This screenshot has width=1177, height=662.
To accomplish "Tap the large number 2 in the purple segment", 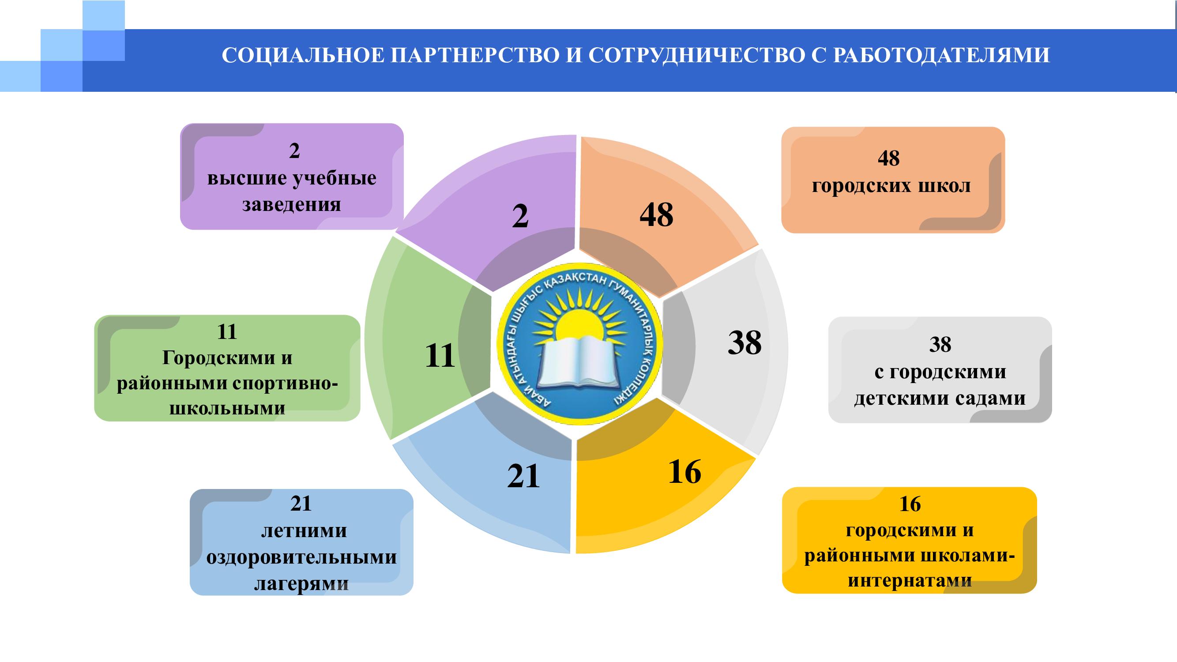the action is click(x=520, y=216).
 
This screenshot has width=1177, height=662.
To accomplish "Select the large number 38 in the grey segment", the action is click(x=745, y=342).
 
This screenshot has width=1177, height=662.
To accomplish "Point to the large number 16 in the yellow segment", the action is click(x=684, y=471).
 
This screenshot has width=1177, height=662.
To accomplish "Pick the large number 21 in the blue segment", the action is click(x=523, y=476).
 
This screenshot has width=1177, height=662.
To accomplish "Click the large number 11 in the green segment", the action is click(x=440, y=355).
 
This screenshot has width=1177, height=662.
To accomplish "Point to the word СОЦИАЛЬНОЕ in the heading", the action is click(x=302, y=55).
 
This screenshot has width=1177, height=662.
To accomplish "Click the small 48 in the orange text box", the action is click(x=889, y=158).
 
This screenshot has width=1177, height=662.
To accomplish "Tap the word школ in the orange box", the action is click(x=943, y=186).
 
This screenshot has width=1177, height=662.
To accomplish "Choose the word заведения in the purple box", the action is click(x=292, y=204).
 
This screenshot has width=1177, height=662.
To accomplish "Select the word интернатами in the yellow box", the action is click(x=910, y=581).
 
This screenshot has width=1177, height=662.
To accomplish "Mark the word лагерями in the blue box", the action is click(x=301, y=584).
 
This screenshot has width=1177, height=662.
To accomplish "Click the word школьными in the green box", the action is click(x=228, y=408).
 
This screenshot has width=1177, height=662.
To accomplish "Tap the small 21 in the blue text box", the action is click(x=301, y=504).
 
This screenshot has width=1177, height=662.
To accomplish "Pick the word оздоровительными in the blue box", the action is click(x=301, y=557).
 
